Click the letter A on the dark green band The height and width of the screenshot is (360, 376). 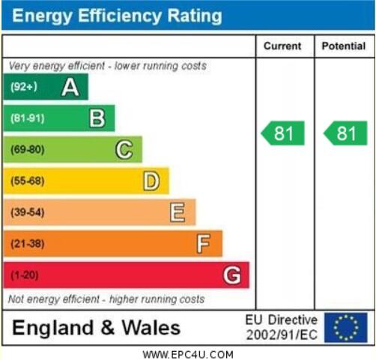coord(70,87)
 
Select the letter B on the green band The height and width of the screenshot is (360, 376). coord(97,118)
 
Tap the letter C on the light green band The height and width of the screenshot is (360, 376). coord(124,150)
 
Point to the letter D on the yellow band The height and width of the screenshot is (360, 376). coord(151,181)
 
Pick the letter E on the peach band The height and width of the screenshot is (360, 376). coord(178,213)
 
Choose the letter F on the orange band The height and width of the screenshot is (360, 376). coord(204,244)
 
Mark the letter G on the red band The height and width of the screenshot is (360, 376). coord(232,275)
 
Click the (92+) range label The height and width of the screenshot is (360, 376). coord(24,87)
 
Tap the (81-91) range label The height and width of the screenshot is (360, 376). coord(28,118)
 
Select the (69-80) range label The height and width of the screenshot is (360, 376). coord(28,150)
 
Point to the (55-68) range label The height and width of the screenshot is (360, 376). coord(28,181)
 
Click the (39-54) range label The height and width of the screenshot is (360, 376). coord(28,213)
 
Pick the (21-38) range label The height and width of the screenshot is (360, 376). coord(28,244)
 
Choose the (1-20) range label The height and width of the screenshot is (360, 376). coord(25,275)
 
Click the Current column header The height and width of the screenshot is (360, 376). coord(282,46)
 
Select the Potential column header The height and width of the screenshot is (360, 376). coord(344,46)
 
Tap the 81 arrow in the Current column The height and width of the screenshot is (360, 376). coord(282,133)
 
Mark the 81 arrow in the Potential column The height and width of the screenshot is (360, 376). coord(345,133)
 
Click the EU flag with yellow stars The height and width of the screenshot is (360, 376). coord(346,328)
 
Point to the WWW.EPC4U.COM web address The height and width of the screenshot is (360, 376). coord(188,355)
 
